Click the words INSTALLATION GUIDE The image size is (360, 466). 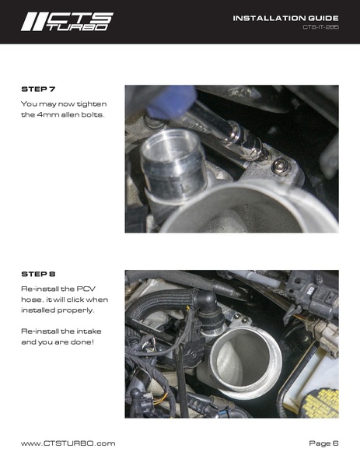tap(285, 17)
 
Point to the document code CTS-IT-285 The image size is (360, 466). tap(320, 27)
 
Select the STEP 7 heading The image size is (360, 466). tap(38, 90)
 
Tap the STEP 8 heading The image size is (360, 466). tap(38, 275)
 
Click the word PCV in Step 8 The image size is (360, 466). tap(91, 288)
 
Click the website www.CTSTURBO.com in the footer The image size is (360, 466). tap(68, 443)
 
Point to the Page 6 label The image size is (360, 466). tap(323, 443)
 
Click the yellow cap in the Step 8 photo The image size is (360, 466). tap(321, 400)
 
